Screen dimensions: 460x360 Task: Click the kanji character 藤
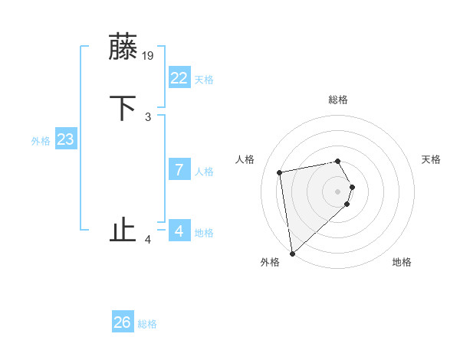(123, 47)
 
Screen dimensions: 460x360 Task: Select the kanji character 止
(123, 230)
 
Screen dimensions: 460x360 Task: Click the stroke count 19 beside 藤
(149, 55)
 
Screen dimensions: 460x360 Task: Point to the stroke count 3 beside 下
(148, 116)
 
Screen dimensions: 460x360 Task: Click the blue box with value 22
(179, 78)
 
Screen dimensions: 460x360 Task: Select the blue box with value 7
(179, 170)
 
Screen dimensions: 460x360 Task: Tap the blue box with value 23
(66, 139)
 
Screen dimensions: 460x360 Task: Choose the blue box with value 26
(123, 322)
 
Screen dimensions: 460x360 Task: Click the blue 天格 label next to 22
(204, 80)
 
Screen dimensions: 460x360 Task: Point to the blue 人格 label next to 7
(204, 172)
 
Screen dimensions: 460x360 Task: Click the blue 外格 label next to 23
(41, 141)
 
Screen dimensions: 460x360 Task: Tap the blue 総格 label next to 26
(147, 324)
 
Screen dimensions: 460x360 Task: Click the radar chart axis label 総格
(338, 100)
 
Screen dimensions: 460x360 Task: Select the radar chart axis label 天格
(432, 159)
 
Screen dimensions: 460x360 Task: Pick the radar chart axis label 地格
(402, 262)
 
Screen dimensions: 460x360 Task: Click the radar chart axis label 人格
(245, 159)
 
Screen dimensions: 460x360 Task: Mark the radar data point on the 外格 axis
(292, 252)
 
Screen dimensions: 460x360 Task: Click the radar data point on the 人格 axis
(280, 172)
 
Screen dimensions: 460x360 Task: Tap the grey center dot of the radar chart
(338, 191)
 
